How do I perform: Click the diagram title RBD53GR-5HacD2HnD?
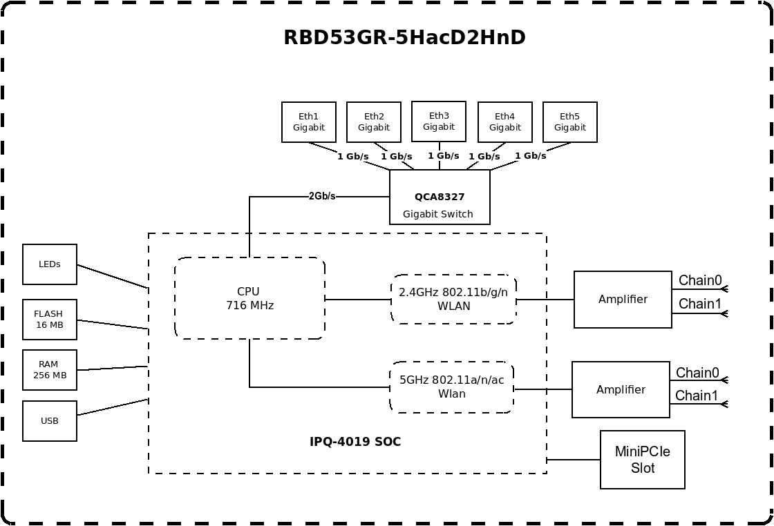tap(404, 37)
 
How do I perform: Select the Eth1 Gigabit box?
tap(309, 122)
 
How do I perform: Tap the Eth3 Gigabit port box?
tap(439, 121)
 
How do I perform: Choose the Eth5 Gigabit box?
tap(570, 122)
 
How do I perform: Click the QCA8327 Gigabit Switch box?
tap(440, 197)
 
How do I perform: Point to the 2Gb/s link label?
tap(322, 196)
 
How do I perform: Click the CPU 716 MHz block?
tap(249, 298)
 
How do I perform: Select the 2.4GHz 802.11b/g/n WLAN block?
tap(453, 299)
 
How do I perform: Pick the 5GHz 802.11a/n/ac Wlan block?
tap(451, 387)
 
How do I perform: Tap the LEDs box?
tap(50, 264)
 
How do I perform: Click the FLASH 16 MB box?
tap(50, 320)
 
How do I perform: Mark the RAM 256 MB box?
tap(50, 370)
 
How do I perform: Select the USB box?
tap(50, 421)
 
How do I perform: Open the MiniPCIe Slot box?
tap(643, 460)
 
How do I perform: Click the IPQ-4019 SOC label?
tap(355, 442)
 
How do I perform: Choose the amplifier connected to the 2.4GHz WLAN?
tap(623, 300)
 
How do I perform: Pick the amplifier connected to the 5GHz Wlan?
tap(621, 390)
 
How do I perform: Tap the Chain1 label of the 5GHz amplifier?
tap(697, 396)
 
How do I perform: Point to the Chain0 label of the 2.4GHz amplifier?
tap(700, 280)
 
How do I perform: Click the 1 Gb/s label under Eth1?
tap(353, 157)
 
